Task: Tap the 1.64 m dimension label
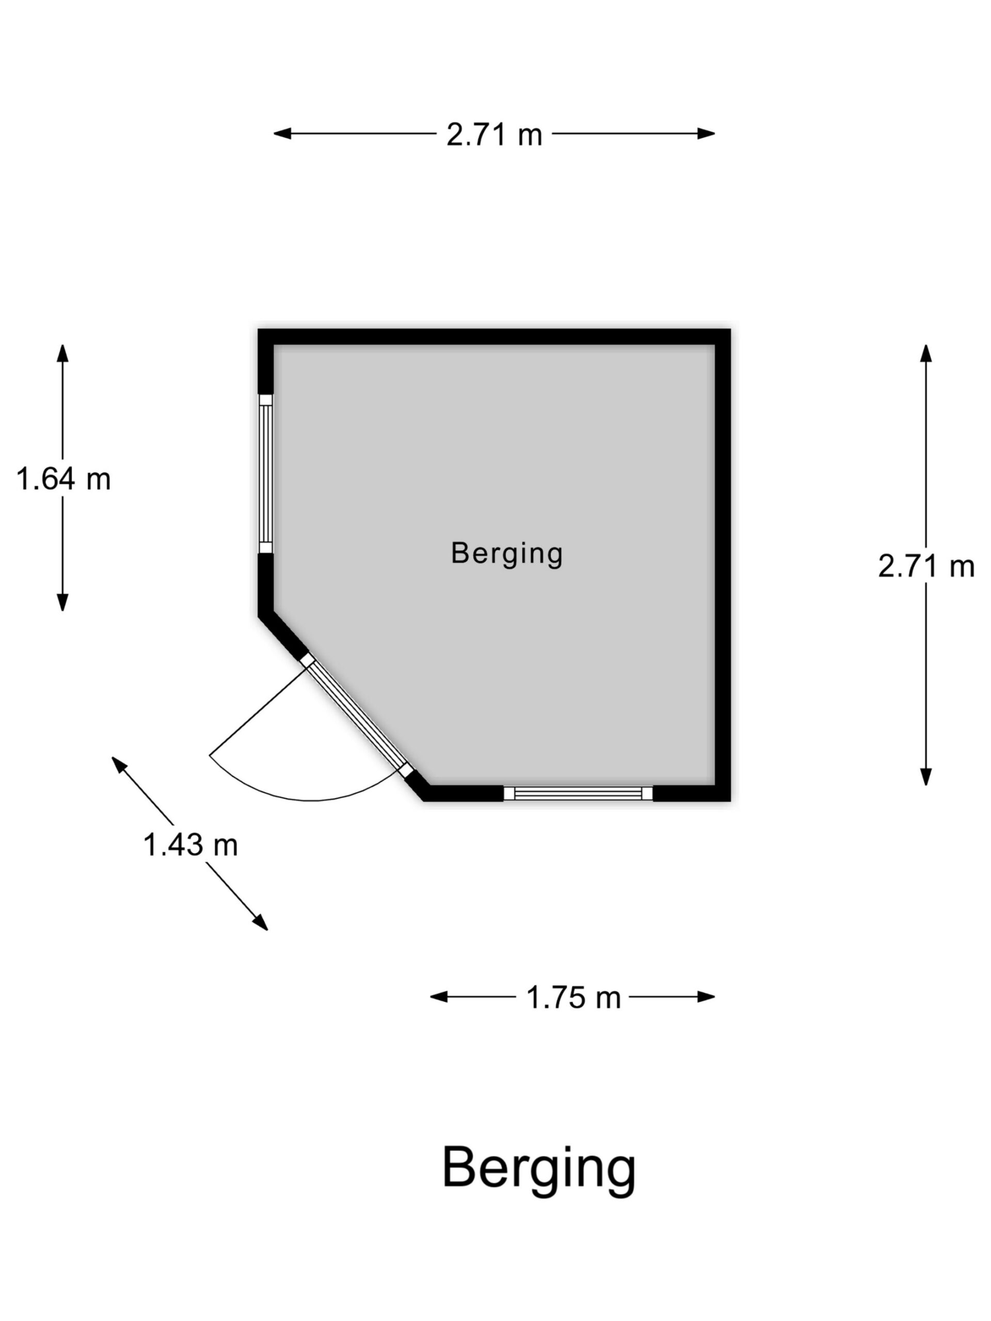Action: [63, 479]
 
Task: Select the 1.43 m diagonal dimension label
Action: [190, 845]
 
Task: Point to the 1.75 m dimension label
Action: [573, 998]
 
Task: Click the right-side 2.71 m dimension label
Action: [926, 566]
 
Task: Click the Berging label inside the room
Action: [506, 554]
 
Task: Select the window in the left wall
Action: [265, 474]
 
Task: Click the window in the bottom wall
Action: [578, 793]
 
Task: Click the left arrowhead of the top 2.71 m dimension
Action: [282, 134]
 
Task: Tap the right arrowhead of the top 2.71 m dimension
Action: [706, 134]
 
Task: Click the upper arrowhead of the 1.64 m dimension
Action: [63, 353]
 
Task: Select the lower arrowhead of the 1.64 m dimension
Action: [63, 602]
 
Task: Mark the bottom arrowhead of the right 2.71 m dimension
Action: [926, 777]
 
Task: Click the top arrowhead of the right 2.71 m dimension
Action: [926, 353]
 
